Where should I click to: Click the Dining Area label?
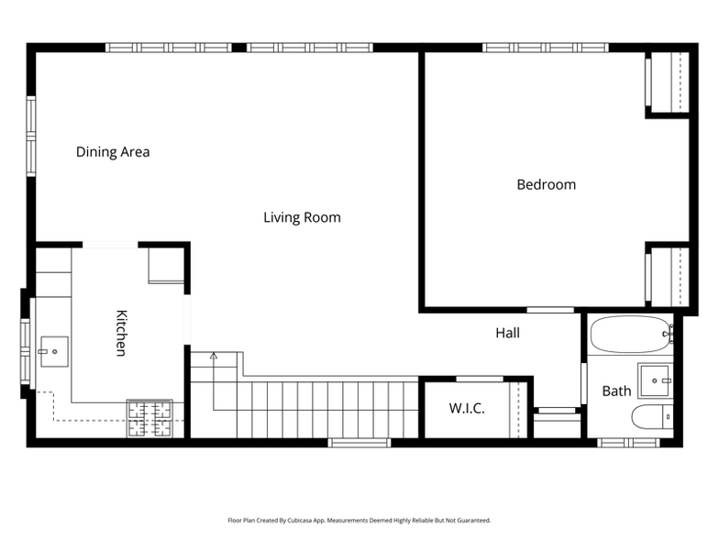[x=113, y=152]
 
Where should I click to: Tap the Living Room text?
[x=302, y=217]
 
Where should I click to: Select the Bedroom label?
[x=546, y=184]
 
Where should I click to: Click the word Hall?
[x=507, y=333]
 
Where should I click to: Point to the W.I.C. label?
[x=466, y=408]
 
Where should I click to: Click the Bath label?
[x=616, y=390]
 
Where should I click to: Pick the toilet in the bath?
[x=652, y=417]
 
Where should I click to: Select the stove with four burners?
[x=149, y=419]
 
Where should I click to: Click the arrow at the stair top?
[x=214, y=356]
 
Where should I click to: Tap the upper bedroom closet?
[x=668, y=82]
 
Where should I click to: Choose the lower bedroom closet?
[x=668, y=277]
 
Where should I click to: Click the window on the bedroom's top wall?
[x=546, y=47]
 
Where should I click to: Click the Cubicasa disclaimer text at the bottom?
[x=359, y=520]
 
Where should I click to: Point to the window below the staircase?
[x=359, y=443]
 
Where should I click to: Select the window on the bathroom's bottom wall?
[x=628, y=443]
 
